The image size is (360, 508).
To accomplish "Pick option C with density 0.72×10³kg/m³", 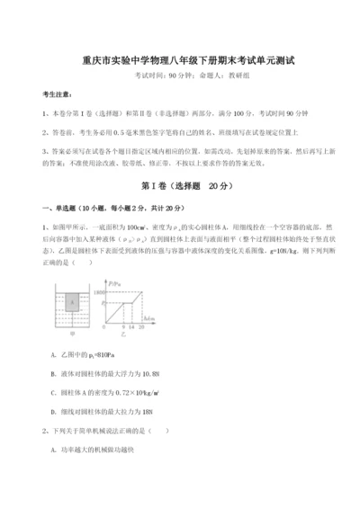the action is coord(116,390).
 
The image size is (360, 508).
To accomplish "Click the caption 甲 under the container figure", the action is coord(74,336).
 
